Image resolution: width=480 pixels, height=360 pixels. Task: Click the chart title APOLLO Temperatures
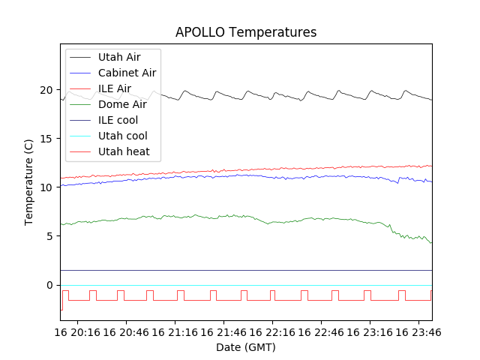[246, 32]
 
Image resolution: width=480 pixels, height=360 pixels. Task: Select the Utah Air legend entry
[119, 57]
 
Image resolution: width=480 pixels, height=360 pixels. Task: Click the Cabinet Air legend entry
[127, 73]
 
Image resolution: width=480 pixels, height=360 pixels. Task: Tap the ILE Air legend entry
[115, 88]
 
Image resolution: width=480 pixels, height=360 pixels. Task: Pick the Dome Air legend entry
[122, 104]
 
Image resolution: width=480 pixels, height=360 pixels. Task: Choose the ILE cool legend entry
[118, 120]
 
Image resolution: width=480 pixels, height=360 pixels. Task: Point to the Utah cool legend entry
[122, 136]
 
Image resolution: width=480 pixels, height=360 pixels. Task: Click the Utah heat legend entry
[124, 151]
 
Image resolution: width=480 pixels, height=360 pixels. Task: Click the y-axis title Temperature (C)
[28, 181]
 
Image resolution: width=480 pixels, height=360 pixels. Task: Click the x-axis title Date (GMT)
[246, 347]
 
